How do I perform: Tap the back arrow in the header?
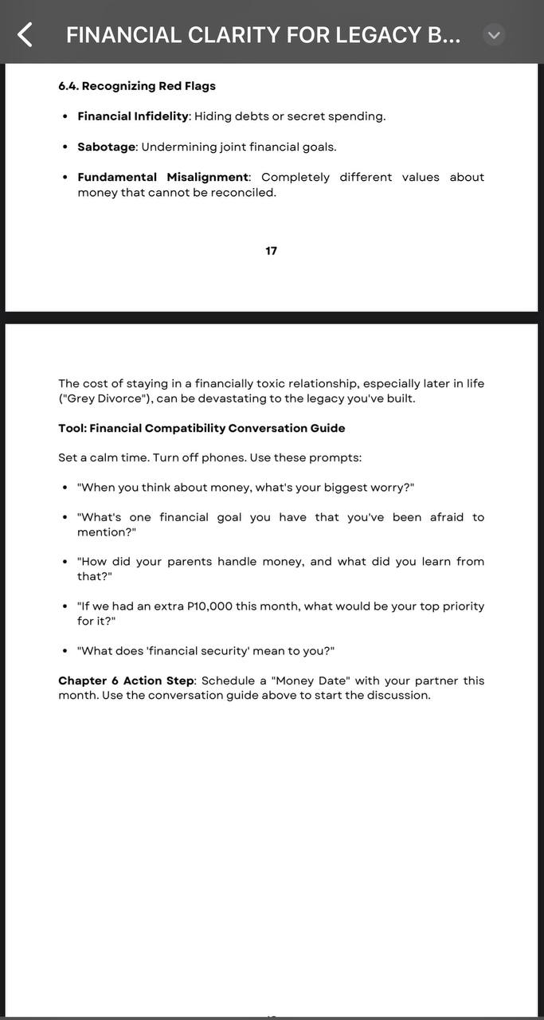[25, 34]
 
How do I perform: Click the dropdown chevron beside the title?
[494, 35]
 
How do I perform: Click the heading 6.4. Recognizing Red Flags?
[137, 86]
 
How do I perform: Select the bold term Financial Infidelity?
[133, 116]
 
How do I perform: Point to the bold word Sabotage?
[106, 147]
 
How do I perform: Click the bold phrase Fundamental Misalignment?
[162, 177]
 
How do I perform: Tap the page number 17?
[272, 251]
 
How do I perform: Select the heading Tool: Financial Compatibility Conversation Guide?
[202, 429]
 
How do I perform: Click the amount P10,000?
[209, 606]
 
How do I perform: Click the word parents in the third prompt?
[188, 562]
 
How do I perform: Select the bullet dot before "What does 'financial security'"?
[65, 651]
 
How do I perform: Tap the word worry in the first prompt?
[387, 488]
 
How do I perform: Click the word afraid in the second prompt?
[447, 517]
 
